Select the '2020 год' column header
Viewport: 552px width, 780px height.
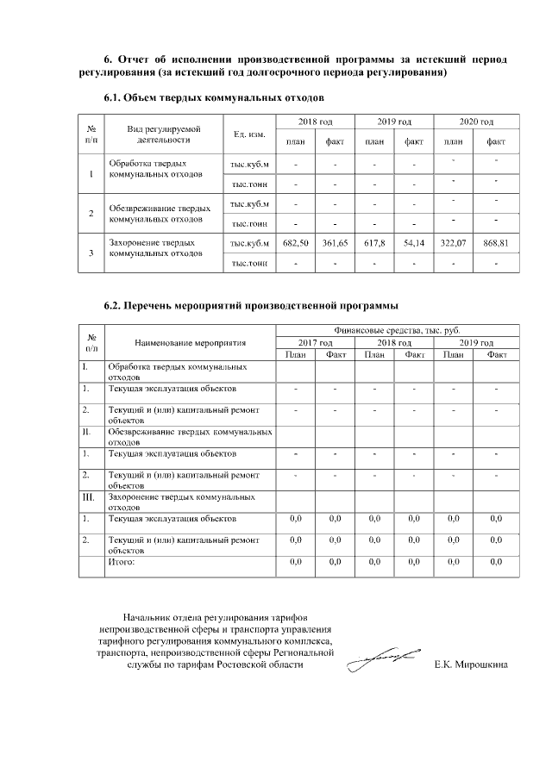pos(475,122)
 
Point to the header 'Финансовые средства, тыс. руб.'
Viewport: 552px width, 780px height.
pos(397,331)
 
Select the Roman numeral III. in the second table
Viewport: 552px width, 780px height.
pos(87,497)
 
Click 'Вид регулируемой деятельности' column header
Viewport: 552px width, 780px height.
pos(163,134)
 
